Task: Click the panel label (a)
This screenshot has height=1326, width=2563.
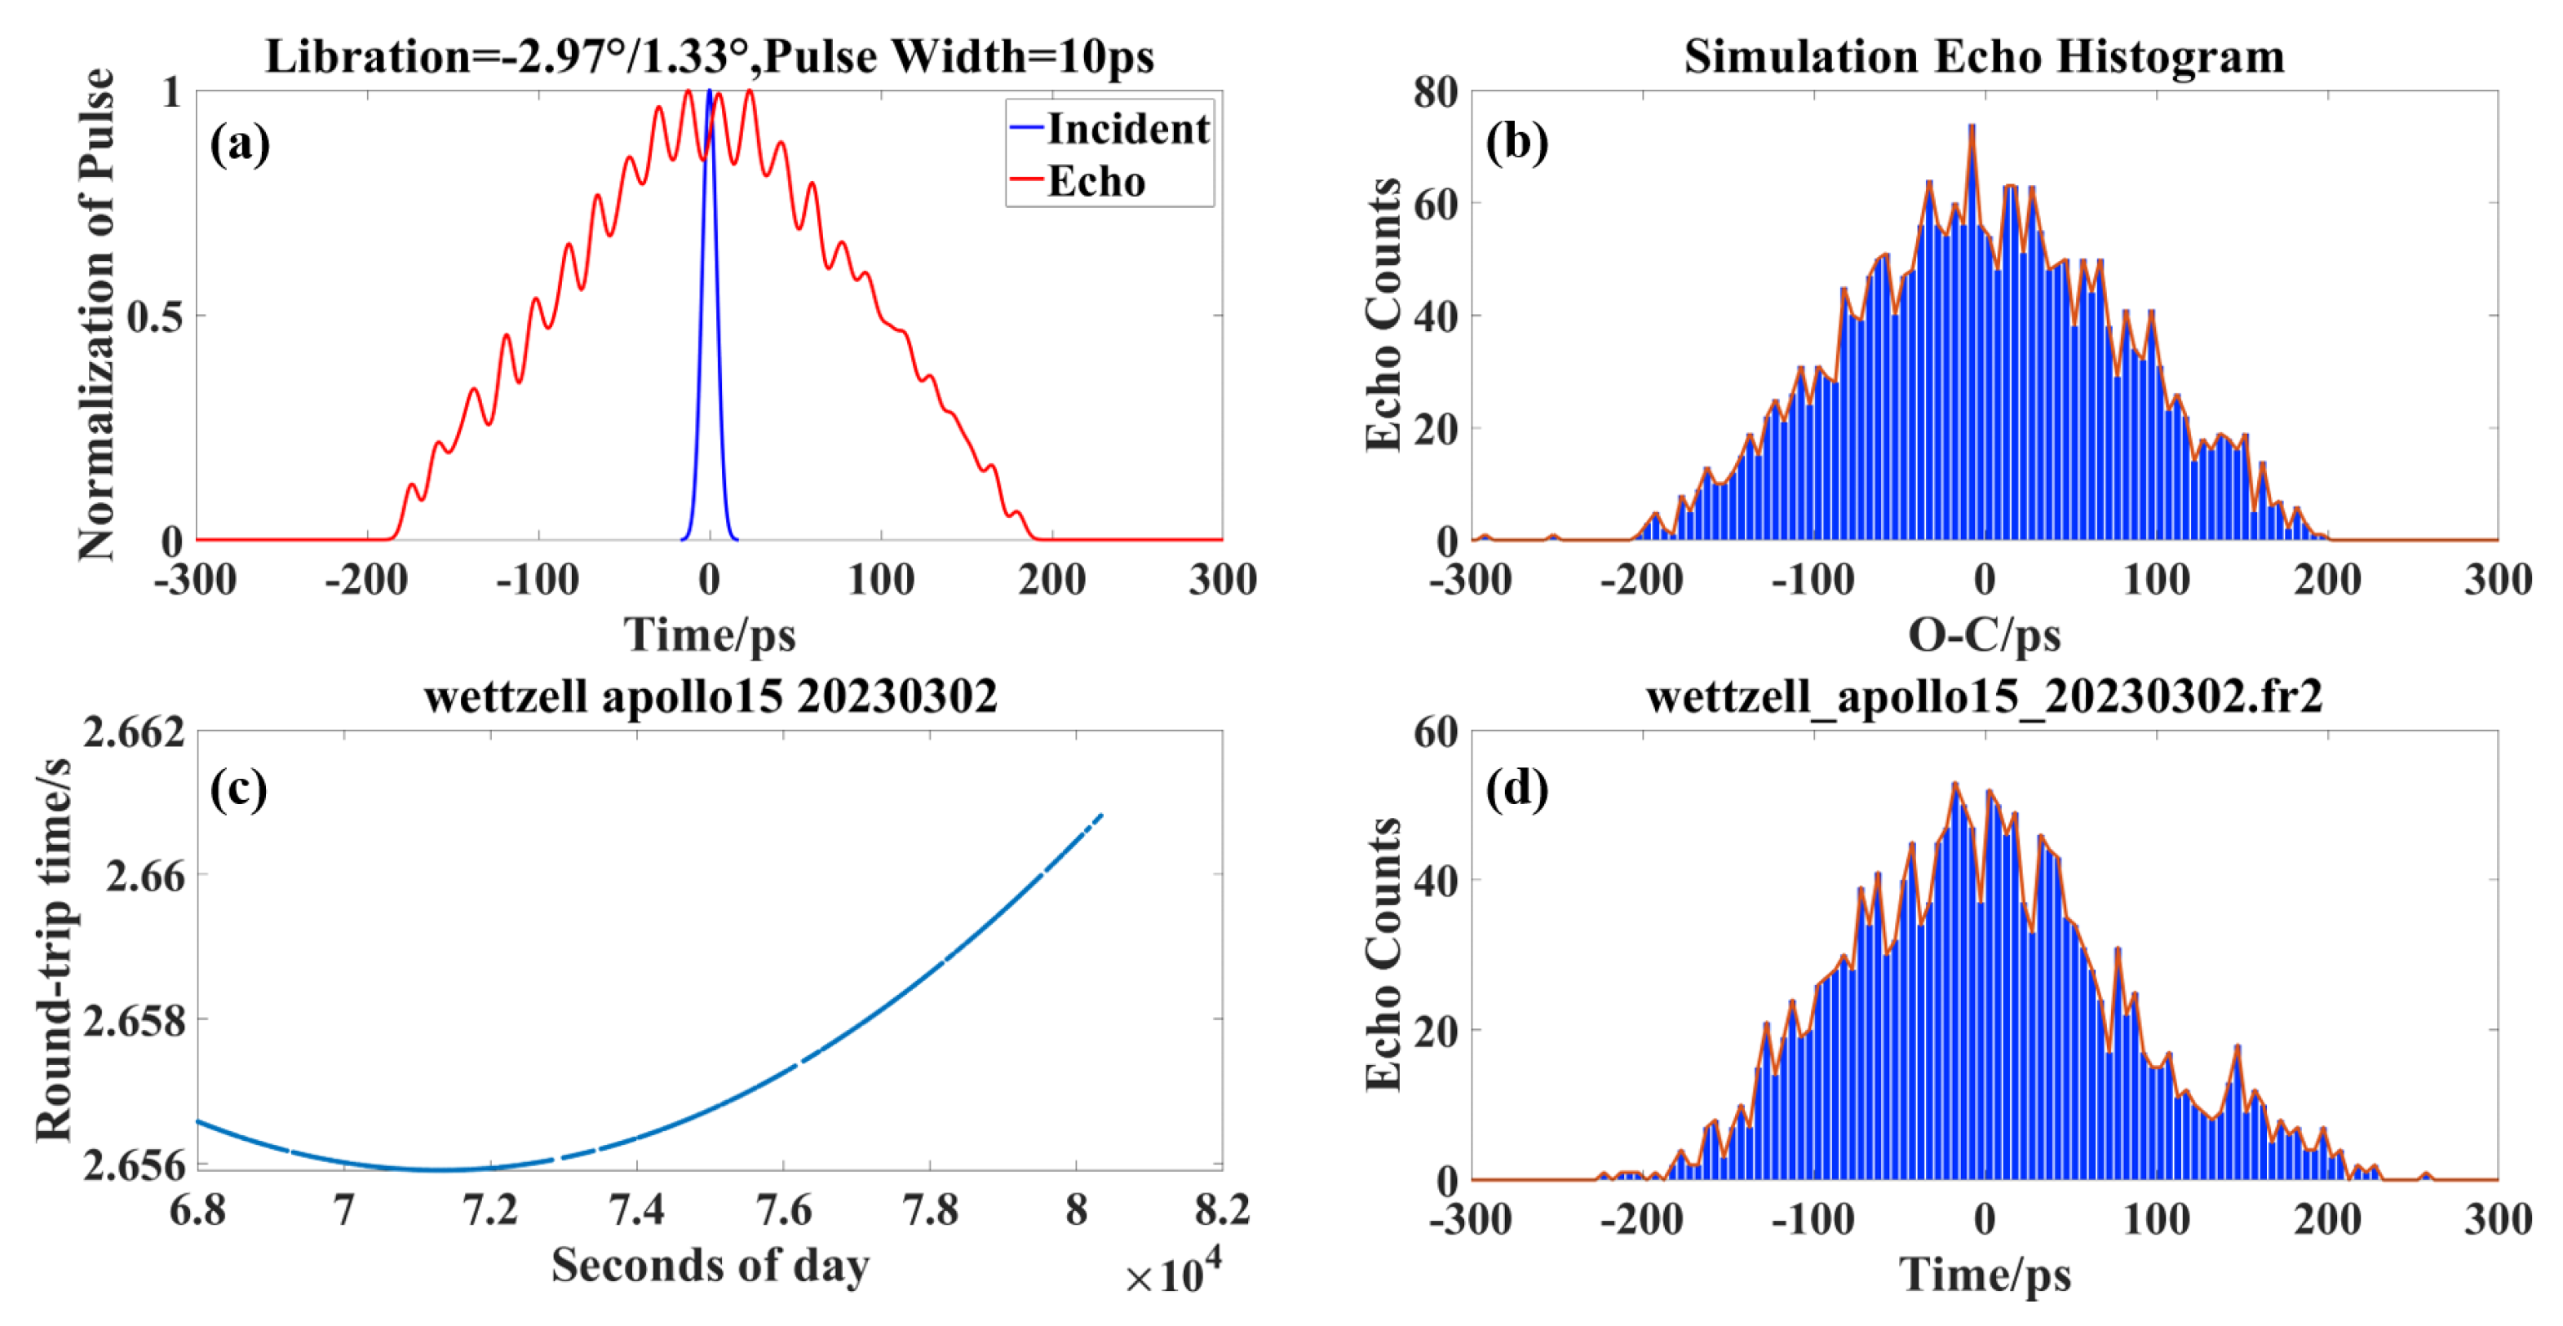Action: coord(239,144)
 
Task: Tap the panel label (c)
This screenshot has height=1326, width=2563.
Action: coord(239,790)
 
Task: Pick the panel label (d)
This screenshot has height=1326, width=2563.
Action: coord(1516,790)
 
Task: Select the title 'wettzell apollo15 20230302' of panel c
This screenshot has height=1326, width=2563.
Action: coord(710,696)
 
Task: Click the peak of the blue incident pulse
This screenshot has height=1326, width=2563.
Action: coord(710,92)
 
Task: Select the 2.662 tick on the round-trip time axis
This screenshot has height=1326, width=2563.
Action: coord(133,732)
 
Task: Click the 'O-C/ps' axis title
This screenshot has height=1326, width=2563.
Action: coord(1984,634)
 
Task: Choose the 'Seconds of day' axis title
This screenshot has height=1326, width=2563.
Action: coord(710,1266)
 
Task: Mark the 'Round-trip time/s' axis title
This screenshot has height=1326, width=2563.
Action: coord(54,950)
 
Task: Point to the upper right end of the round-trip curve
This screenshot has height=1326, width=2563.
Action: coord(1101,815)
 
